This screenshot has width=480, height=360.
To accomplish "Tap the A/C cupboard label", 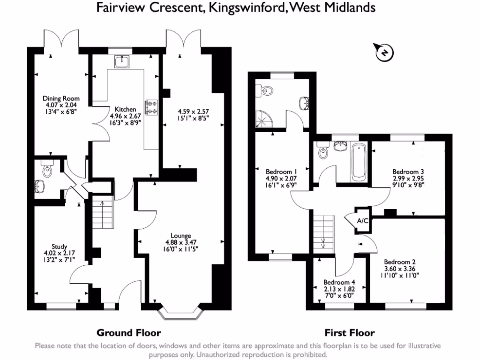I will coord(362,221).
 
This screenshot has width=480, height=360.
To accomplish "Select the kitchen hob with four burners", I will coord(152,108).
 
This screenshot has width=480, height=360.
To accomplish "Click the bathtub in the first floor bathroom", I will coord(360,162).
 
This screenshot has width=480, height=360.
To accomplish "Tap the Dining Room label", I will coord(61,98).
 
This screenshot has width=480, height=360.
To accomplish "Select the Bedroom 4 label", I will coord(339,283).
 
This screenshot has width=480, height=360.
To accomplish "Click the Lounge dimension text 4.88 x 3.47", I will coord(180,242).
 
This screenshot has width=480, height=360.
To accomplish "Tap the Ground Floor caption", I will coord(128,333).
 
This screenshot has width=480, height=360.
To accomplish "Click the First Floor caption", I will coord(350,333).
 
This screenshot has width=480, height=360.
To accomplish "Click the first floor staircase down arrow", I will coord(323,242).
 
